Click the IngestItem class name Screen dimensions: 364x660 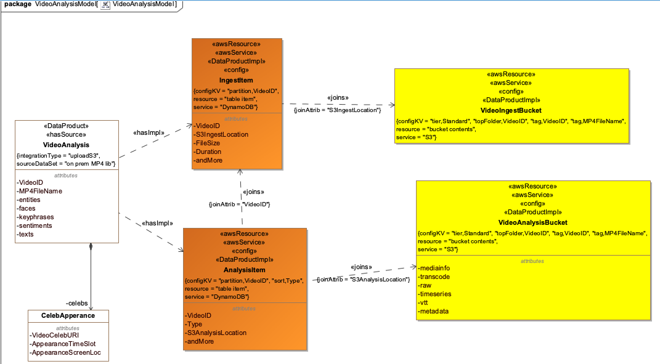pos(237,80)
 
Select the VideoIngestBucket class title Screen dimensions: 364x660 pos(511,109)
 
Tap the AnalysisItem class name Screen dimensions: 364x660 pos(244,270)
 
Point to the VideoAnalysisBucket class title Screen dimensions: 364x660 pos(533,222)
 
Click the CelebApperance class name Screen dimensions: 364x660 pos(68,316)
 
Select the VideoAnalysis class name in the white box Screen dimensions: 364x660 pos(67,145)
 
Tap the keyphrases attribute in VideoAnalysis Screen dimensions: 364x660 pos(35,217)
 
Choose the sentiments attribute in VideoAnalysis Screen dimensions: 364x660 pos(35,225)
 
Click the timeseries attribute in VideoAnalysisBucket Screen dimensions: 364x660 pos(434,294)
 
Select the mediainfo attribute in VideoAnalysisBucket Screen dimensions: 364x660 pos(434,269)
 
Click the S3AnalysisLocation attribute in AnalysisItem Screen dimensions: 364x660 pos(216,333)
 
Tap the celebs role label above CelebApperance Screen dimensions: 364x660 pos(77,303)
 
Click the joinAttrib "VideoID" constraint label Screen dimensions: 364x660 pos(240,204)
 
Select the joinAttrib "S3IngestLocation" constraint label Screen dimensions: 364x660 pos(338,109)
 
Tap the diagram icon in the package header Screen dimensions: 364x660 pos(105,4)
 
